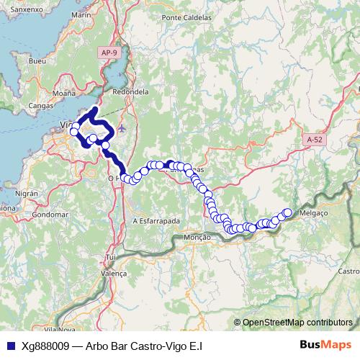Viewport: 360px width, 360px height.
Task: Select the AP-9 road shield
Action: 109,53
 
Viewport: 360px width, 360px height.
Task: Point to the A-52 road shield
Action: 313,140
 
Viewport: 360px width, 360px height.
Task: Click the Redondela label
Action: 130,92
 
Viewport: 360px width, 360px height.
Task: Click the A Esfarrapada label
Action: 156,220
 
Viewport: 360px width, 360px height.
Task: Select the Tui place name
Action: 110,256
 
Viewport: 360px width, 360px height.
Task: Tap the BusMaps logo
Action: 326,345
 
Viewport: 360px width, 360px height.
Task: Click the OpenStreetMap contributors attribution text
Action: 297,323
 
